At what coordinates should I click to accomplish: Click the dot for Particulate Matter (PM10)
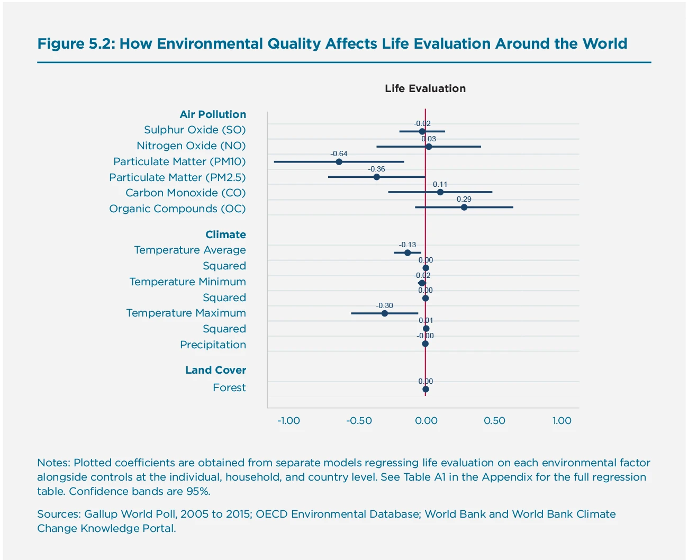pos(339,161)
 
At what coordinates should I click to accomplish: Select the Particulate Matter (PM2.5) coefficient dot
pos(376,177)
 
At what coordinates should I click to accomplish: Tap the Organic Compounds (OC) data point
pos(464,207)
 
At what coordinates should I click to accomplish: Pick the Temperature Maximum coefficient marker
pos(385,313)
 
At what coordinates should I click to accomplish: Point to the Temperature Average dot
pos(408,252)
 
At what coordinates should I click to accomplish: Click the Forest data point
pos(426,389)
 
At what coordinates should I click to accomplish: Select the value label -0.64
pos(339,153)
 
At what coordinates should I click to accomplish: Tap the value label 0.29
pos(464,200)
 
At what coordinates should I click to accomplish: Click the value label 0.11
pos(440,185)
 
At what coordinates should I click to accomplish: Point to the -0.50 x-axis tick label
pos(359,421)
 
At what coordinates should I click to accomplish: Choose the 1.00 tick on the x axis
pos(562,421)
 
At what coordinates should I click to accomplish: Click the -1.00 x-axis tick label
pos(288,421)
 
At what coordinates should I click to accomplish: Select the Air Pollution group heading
pos(213,114)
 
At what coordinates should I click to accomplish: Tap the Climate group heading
pos(225,234)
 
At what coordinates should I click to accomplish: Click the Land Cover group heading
pos(215,370)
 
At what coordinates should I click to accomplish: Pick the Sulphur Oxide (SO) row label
pos(195,130)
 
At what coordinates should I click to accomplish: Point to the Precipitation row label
pos(213,345)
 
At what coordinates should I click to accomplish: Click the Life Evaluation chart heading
pos(425,88)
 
